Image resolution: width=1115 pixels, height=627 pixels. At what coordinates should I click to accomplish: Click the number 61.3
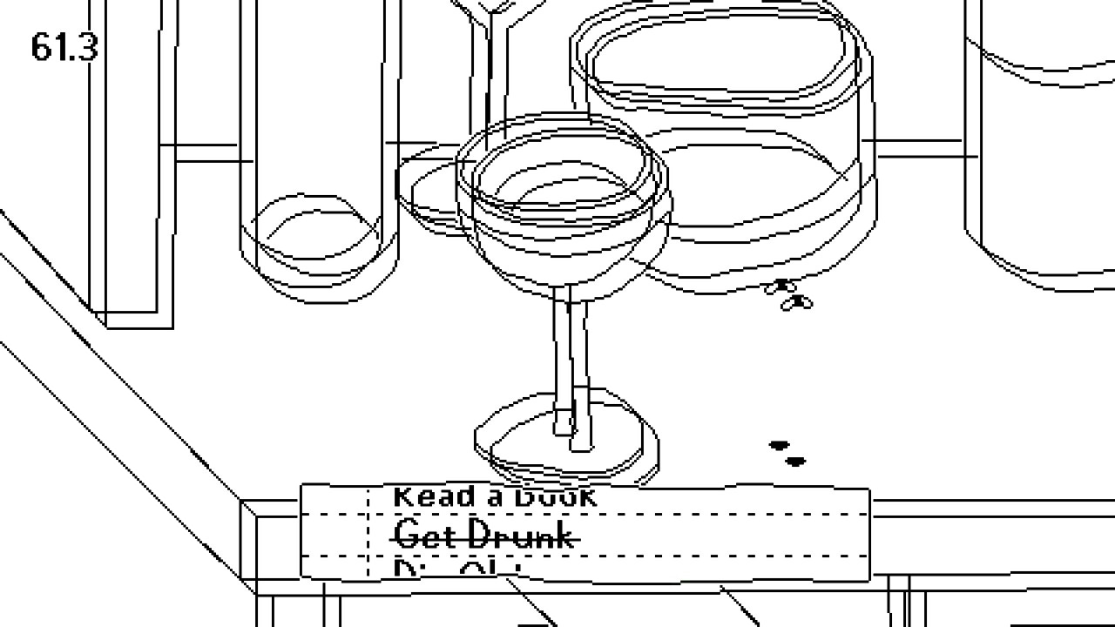click(64, 47)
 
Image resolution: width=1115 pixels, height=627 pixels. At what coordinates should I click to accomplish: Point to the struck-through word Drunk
click(523, 535)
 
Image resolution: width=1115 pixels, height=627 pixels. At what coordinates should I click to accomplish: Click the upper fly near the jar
click(780, 287)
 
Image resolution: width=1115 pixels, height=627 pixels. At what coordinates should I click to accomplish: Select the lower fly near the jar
click(798, 302)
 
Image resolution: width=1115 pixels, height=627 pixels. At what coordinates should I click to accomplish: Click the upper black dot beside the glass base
click(778, 446)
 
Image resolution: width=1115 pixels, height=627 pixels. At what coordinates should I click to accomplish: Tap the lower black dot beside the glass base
click(795, 462)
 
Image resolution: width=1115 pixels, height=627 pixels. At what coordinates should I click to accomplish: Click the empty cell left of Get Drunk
click(335, 535)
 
